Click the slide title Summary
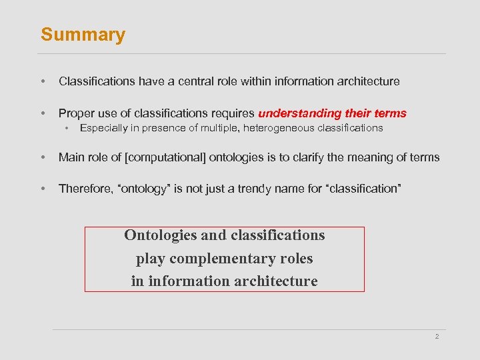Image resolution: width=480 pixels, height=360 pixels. [83, 35]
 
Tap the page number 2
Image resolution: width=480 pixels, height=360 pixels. [437, 337]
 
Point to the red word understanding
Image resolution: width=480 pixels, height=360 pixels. [297, 113]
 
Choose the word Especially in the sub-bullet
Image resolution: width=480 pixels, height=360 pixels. [104, 127]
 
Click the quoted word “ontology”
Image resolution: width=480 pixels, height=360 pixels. [143, 189]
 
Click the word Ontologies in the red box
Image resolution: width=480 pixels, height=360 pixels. [160, 235]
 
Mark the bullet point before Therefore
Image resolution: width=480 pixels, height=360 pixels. [43, 189]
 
